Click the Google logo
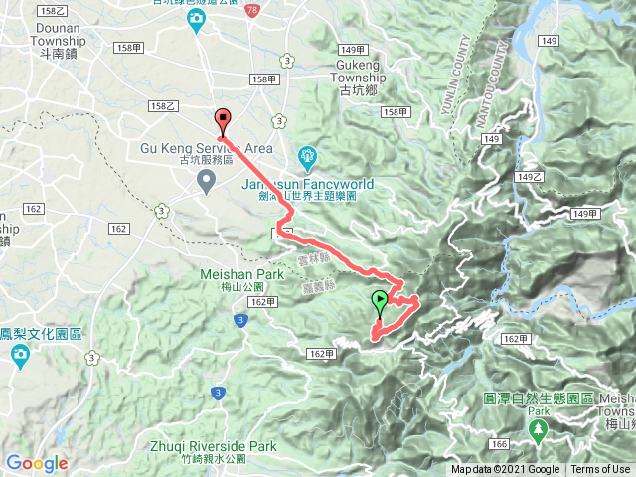[x=36, y=463]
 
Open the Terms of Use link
[x=599, y=470]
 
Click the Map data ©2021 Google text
[x=506, y=470]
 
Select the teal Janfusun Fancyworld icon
[x=307, y=156]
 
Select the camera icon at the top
[x=199, y=19]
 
